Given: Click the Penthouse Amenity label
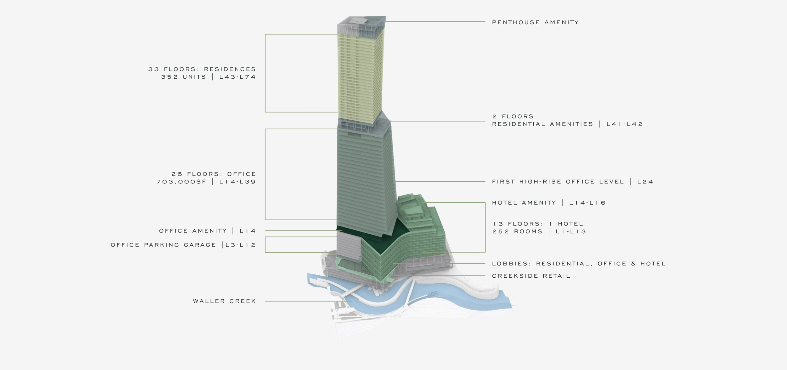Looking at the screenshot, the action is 535,22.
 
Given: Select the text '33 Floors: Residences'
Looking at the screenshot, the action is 202,69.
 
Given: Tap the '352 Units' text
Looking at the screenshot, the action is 183,77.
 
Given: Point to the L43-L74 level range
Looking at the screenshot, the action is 238,77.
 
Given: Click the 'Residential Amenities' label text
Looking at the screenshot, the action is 543,124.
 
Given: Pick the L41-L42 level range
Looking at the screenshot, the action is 625,124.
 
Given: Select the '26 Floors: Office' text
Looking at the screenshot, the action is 214,174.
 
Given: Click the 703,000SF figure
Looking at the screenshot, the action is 181,182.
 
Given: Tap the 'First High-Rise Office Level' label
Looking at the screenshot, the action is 558,182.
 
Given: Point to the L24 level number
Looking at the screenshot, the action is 645,182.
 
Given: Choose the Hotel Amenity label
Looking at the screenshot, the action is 524,203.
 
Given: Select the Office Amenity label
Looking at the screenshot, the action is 193,231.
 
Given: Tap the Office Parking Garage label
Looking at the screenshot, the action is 164,245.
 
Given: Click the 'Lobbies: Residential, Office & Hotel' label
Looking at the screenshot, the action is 579,263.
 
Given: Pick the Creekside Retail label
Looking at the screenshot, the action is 531,276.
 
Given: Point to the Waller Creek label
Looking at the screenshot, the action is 224,301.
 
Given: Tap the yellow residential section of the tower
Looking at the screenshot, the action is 360,78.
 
